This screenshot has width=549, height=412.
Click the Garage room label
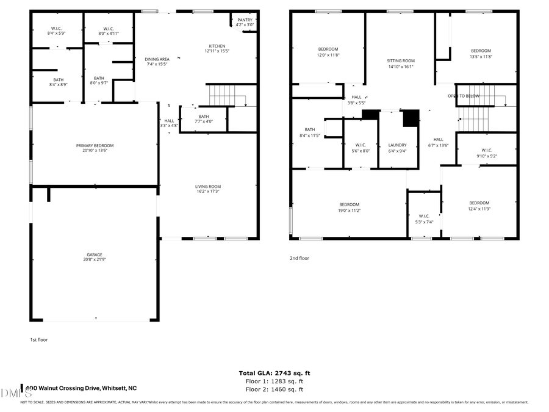(x=94, y=257)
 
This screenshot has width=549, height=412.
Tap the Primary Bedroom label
(x=95, y=148)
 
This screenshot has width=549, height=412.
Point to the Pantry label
(x=244, y=22)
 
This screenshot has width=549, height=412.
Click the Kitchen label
(x=217, y=49)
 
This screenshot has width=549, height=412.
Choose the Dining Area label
(x=156, y=61)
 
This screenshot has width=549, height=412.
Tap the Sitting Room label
(x=401, y=63)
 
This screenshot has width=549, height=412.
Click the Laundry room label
(x=397, y=148)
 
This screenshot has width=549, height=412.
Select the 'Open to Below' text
(x=464, y=96)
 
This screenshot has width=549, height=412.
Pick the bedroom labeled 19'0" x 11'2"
(x=350, y=207)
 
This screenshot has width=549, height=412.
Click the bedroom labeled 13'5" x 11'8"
(x=481, y=53)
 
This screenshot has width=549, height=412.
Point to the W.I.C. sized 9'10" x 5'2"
(x=486, y=153)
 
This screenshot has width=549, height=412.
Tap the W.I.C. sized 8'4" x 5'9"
(x=56, y=31)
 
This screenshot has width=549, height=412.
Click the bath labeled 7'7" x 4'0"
(x=203, y=118)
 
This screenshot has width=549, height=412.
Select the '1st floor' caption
(x=38, y=339)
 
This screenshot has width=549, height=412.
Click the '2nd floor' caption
(x=299, y=258)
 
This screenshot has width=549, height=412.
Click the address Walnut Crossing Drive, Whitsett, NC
(x=82, y=388)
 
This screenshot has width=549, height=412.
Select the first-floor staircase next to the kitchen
(x=223, y=95)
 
